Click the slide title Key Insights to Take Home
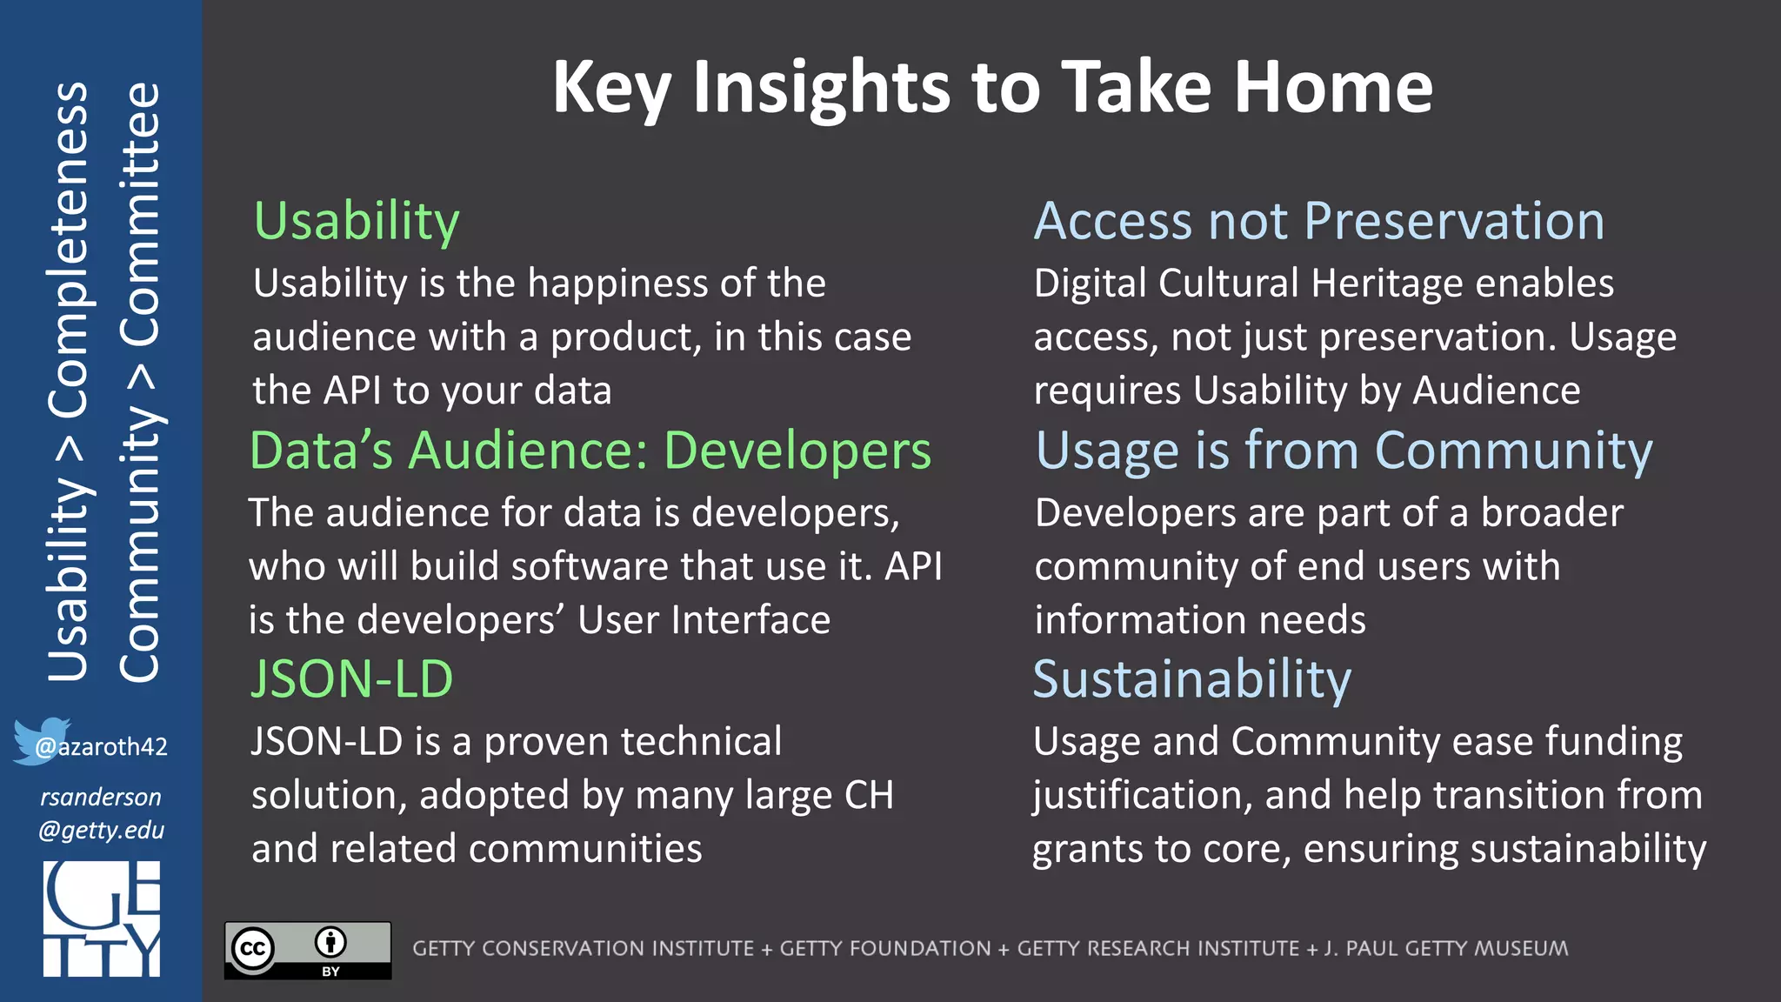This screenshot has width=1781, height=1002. coord(991,87)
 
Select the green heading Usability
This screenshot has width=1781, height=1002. coord(357,221)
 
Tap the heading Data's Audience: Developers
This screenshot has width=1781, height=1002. coord(590,451)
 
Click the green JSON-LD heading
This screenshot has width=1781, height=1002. coord(351,678)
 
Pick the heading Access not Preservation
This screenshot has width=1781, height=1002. coord(1318,221)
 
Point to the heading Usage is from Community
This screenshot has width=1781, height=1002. coord(1344,451)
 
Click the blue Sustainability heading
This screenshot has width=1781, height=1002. coord(1191,678)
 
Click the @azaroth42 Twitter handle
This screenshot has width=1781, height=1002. coord(102,746)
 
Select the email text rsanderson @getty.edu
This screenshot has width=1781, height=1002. coord(101,813)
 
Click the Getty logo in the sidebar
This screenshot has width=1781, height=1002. coord(102,918)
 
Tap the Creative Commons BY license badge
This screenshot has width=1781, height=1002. coord(308,950)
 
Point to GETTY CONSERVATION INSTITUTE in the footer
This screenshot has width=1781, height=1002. coord(583,948)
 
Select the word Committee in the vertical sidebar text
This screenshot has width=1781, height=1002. coord(139,213)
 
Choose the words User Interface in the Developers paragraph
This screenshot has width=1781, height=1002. coord(704,620)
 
